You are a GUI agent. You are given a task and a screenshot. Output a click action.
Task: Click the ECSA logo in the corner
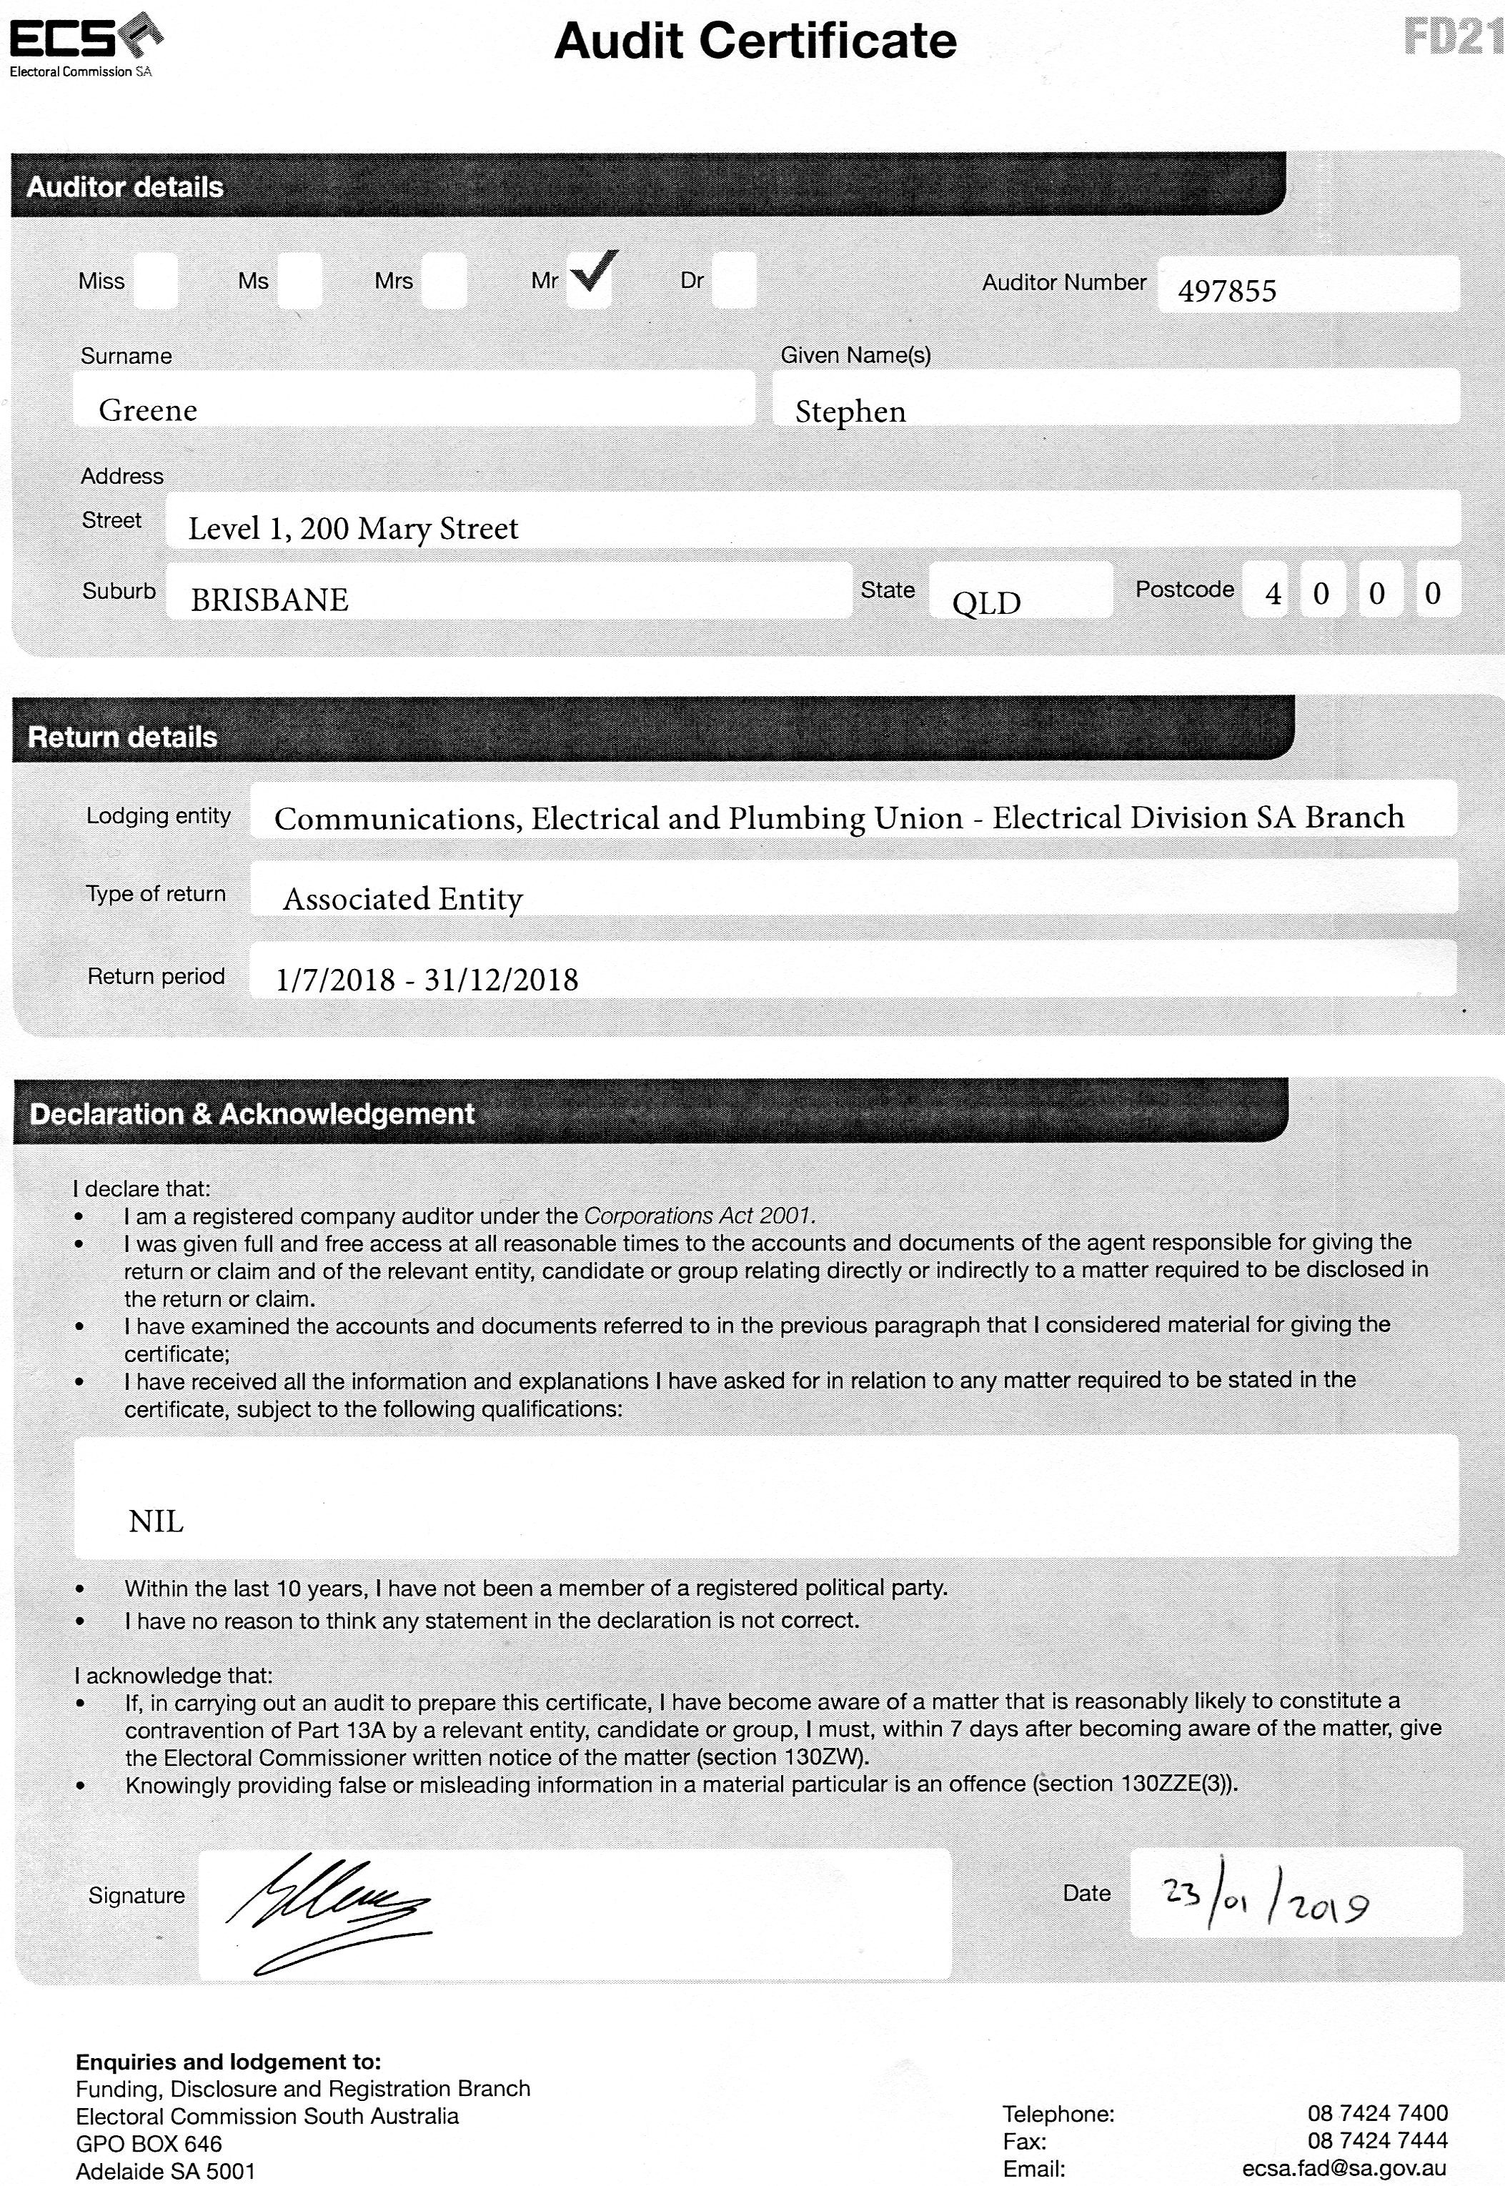[x=85, y=42]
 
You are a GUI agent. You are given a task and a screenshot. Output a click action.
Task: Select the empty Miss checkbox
[x=156, y=280]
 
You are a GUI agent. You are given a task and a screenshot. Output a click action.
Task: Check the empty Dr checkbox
[x=734, y=280]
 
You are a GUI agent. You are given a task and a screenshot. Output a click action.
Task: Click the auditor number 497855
[x=1227, y=290]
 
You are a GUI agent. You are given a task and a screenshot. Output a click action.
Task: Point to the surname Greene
[x=148, y=410]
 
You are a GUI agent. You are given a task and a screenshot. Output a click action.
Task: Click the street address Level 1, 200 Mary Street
[x=353, y=528]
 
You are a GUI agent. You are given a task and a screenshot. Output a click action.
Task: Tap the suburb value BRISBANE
[x=269, y=600]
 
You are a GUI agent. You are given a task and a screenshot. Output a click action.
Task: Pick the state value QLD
[x=986, y=602]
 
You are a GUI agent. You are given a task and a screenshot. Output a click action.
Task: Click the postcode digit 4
[x=1273, y=594]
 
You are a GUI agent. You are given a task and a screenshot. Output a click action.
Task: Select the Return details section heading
[x=123, y=737]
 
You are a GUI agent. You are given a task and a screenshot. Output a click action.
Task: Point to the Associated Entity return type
[x=402, y=899]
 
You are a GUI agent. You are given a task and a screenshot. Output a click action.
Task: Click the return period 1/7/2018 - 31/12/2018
[x=426, y=980]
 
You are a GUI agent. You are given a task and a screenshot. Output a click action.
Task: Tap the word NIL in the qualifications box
[x=156, y=1521]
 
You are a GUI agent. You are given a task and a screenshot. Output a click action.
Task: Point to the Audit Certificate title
[x=755, y=41]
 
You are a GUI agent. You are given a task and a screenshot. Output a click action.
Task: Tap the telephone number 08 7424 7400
[x=1377, y=2112]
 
